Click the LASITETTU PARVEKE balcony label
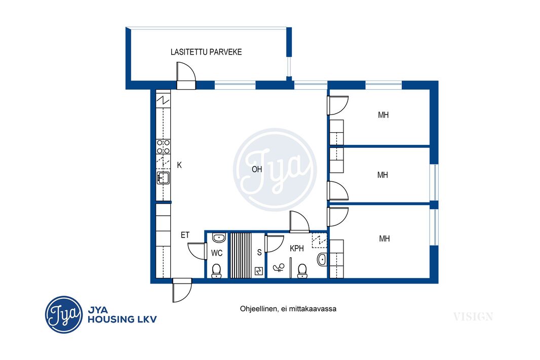pyautogui.click(x=206, y=52)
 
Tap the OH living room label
pyautogui.click(x=257, y=169)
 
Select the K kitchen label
pyautogui.click(x=179, y=165)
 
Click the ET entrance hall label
pyautogui.click(x=185, y=235)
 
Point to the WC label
pyautogui.click(x=217, y=253)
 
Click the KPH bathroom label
pyautogui.click(x=296, y=249)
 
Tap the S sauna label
pyautogui.click(x=259, y=253)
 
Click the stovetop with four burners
pyautogui.click(x=163, y=147)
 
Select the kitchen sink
pyautogui.click(x=163, y=178)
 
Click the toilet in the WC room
pyautogui.click(x=216, y=270)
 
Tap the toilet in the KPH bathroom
pyautogui.click(x=302, y=270)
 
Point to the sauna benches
pyautogui.click(x=241, y=255)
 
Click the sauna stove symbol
pyautogui.click(x=259, y=271)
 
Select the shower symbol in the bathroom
pyautogui.click(x=279, y=267)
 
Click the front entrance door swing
pyautogui.click(x=182, y=291)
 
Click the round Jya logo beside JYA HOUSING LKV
pyautogui.click(x=64, y=314)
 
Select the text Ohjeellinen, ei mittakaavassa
pyautogui.click(x=288, y=309)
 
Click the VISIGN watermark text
pyautogui.click(x=473, y=316)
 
